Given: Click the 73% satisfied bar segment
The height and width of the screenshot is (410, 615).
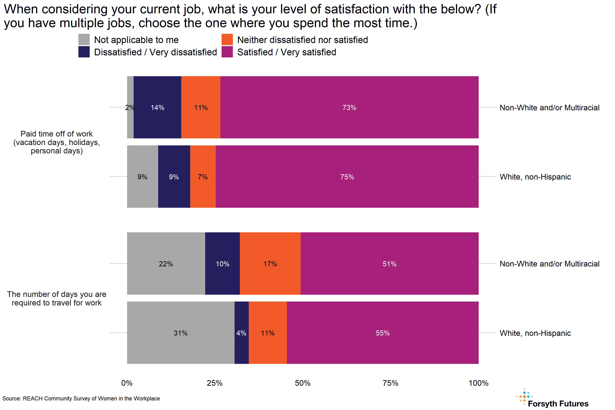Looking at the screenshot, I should click(349, 107).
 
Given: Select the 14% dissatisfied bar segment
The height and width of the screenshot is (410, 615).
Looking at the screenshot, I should click(157, 107).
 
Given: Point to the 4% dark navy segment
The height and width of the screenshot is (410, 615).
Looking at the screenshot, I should click(241, 333).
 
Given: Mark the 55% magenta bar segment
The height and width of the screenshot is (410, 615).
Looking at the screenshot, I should click(382, 333).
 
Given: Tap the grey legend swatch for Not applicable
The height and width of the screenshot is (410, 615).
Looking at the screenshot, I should click(84, 39).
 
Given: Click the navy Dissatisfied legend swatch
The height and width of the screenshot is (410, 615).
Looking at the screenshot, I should click(84, 52).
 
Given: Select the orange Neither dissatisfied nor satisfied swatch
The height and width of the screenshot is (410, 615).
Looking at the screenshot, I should click(227, 39).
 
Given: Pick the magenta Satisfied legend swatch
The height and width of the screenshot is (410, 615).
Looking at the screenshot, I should click(227, 52).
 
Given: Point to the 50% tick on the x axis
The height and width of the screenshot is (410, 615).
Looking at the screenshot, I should click(303, 383).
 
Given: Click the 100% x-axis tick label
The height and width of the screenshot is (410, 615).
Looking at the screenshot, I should click(478, 383).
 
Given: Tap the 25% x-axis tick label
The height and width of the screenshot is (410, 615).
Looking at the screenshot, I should click(215, 383).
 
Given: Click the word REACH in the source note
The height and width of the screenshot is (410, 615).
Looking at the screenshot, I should click(33, 399).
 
